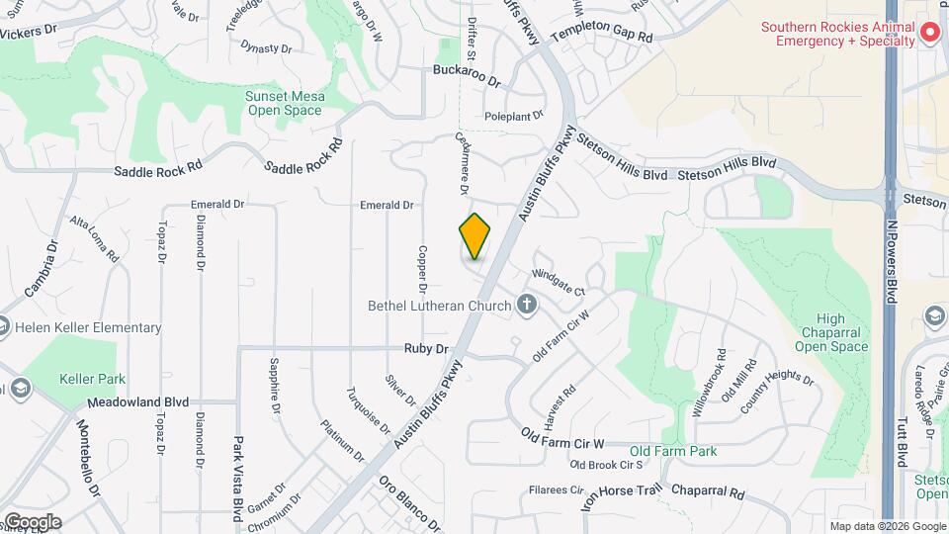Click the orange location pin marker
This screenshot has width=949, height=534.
(x=474, y=236)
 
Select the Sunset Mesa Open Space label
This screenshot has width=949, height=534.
(x=285, y=103)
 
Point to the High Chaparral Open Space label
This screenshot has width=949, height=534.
(x=831, y=332)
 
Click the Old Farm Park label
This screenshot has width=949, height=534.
(x=673, y=451)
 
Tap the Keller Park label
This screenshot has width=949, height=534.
(x=92, y=378)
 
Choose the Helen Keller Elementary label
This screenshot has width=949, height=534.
(x=87, y=327)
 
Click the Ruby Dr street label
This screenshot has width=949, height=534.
(x=426, y=348)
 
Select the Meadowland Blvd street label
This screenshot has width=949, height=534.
(x=137, y=402)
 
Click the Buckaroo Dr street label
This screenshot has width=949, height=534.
(x=468, y=70)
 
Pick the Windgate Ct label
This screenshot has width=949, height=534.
(x=559, y=281)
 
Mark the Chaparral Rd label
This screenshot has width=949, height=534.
(x=707, y=490)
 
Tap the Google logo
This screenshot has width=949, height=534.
(x=32, y=521)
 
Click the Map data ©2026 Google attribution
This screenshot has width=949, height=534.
(x=886, y=526)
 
